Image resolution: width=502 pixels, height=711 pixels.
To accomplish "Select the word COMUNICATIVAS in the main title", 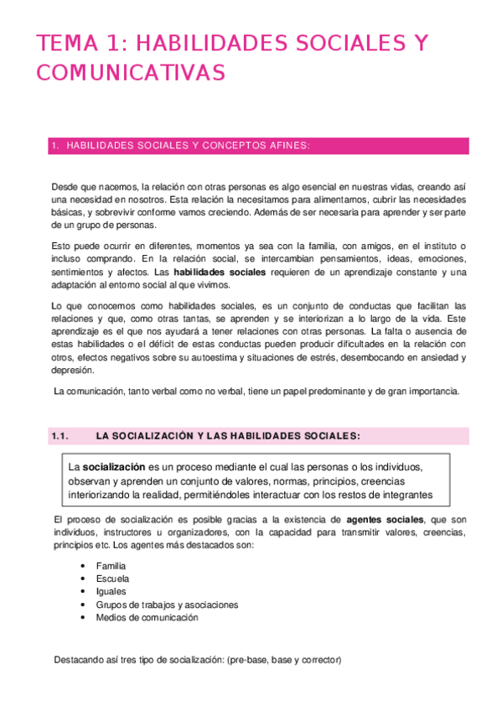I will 130,73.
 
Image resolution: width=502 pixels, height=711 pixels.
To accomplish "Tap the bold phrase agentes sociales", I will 385,521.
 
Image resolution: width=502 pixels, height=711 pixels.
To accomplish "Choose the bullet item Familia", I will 112,566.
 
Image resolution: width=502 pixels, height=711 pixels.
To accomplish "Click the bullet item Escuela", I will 113,579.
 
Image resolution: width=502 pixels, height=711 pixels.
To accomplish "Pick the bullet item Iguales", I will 111,591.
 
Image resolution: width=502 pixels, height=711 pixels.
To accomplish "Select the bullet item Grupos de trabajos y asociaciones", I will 168,605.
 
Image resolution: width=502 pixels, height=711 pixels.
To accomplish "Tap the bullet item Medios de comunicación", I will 147,617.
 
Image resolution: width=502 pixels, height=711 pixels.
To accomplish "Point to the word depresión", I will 74,371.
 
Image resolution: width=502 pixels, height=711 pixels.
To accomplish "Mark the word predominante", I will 337,392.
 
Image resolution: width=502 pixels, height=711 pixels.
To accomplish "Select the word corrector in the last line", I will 320,660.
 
